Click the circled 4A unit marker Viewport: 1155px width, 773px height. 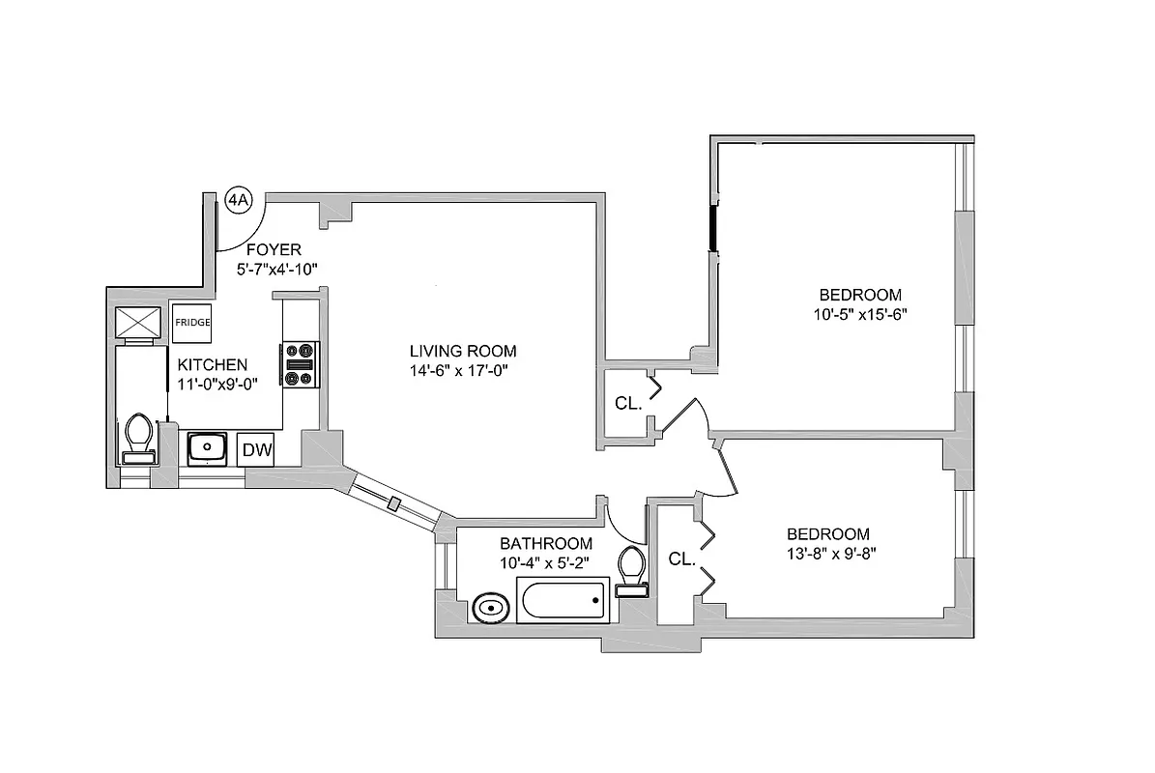[x=239, y=200]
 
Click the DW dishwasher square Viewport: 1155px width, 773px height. [x=255, y=448]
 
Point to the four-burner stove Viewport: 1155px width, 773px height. [x=300, y=364]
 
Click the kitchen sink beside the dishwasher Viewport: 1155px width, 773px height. [x=207, y=447]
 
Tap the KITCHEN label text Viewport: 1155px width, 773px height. [x=212, y=364]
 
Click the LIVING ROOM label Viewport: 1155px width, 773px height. [x=462, y=351]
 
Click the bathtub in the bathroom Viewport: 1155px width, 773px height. [x=563, y=602]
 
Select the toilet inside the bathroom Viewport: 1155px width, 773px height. [x=632, y=571]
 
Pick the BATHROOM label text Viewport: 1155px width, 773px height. [x=546, y=543]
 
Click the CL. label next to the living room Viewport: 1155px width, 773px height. [x=628, y=404]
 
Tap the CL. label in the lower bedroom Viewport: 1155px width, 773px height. [x=682, y=558]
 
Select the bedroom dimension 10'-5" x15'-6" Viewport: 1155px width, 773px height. [x=860, y=314]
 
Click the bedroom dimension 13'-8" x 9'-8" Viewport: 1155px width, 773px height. [x=828, y=554]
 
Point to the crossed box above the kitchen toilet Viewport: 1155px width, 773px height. [x=138, y=322]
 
